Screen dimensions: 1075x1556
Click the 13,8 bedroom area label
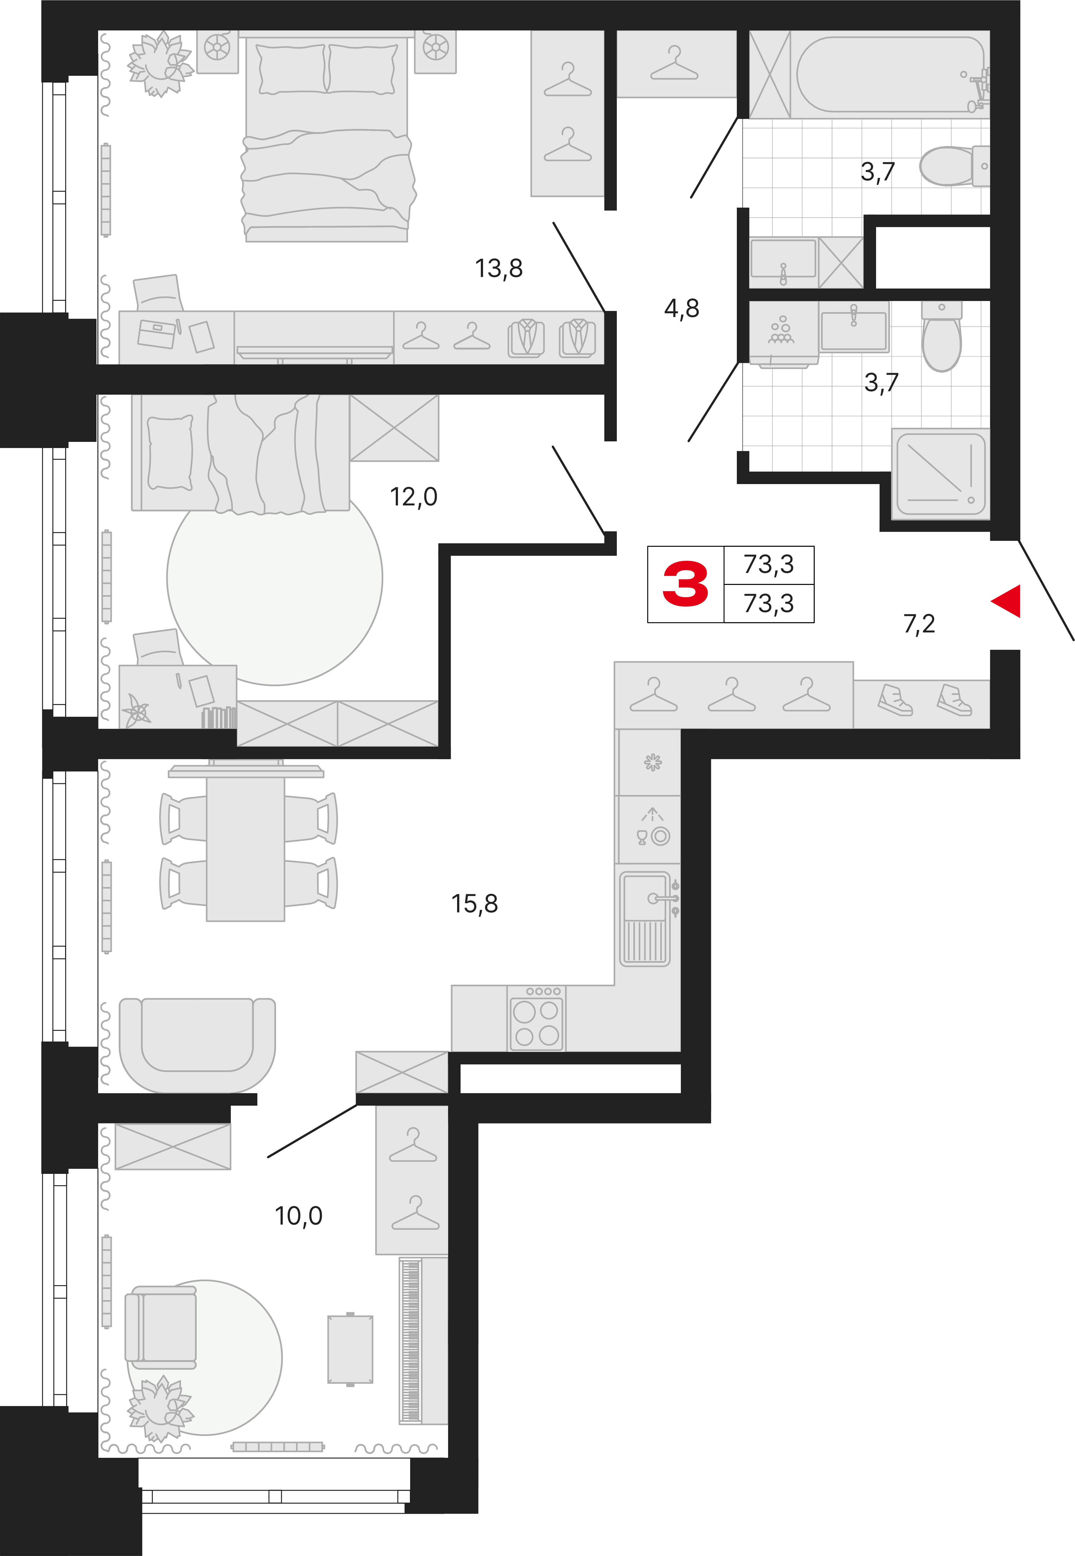tap(498, 268)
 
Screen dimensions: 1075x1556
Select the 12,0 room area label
tap(414, 497)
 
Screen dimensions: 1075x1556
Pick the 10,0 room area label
tap(298, 1216)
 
